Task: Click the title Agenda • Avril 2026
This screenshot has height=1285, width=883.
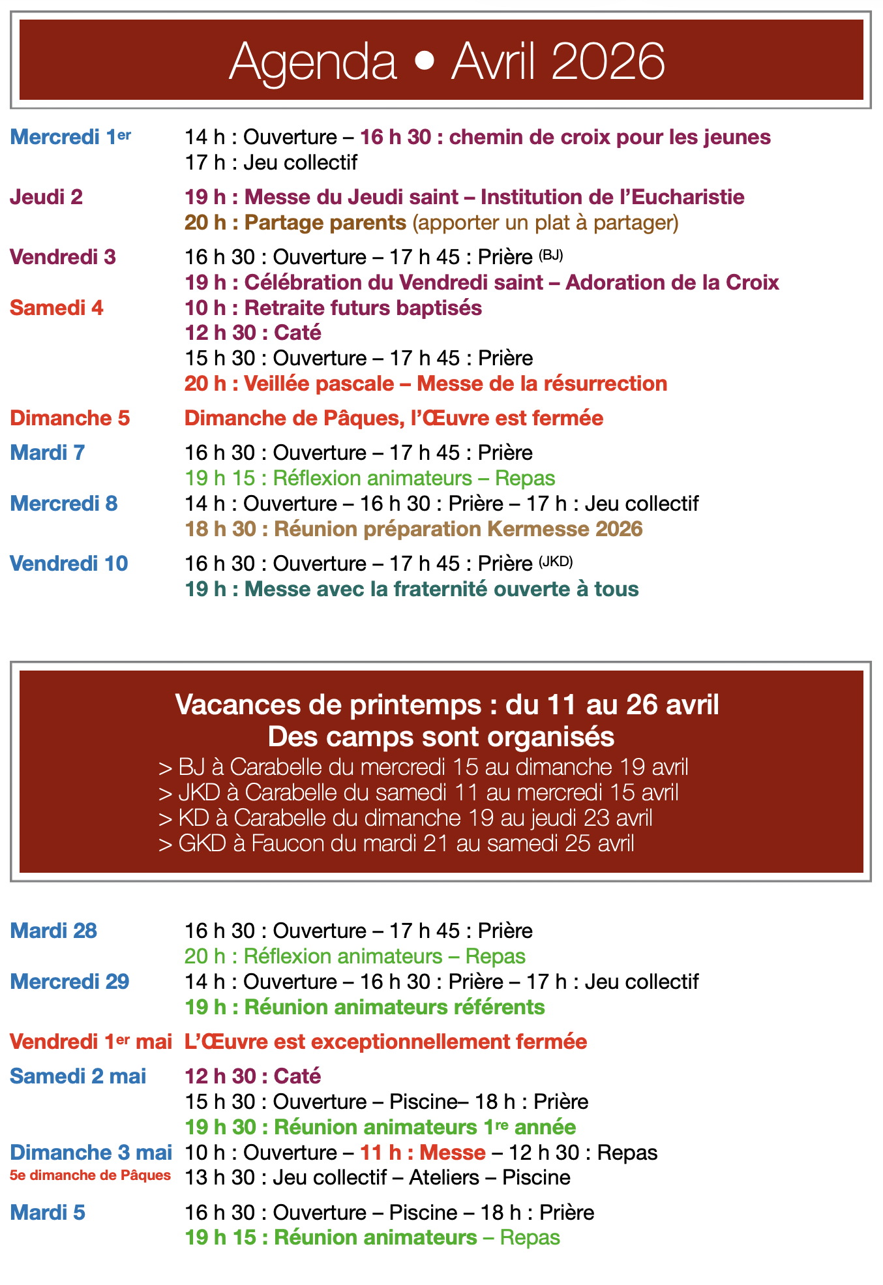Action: [447, 61]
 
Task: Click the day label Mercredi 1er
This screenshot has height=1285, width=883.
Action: [70, 137]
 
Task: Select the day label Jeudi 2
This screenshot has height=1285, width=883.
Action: [46, 197]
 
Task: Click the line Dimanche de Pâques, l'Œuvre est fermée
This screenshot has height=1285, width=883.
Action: [394, 418]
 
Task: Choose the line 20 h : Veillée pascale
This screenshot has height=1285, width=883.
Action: [426, 384]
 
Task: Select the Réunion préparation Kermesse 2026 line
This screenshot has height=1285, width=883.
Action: [414, 528]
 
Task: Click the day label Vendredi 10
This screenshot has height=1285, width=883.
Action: [69, 564]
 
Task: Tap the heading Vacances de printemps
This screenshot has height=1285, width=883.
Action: [447, 705]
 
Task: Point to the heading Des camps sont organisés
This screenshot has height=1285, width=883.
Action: [441, 736]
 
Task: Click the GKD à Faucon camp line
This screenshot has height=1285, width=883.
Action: [397, 843]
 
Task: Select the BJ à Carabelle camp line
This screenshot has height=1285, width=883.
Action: [423, 767]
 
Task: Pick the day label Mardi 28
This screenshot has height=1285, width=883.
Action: [53, 931]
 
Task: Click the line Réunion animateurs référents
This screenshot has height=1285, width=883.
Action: [365, 1007]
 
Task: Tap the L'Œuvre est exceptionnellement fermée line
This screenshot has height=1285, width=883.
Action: [386, 1042]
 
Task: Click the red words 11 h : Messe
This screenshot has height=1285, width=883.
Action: [423, 1153]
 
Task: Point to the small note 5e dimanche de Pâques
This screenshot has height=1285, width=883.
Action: [91, 1175]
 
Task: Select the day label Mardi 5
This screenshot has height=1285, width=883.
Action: [48, 1213]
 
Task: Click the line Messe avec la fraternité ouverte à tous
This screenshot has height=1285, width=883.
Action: [412, 589]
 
